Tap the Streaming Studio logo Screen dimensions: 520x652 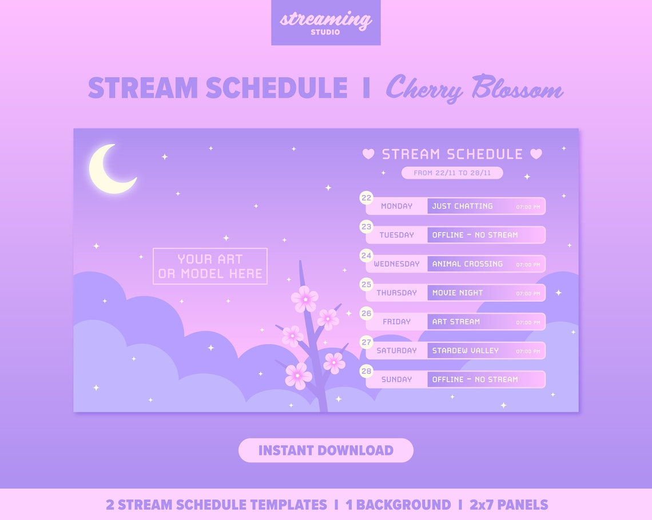point(325,22)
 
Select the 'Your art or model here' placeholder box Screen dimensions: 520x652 point(210,266)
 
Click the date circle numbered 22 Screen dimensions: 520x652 point(366,198)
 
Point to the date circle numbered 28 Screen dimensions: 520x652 point(366,371)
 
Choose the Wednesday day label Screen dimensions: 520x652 point(396,264)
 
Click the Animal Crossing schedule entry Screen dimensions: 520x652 point(467,264)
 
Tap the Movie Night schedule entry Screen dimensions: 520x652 point(458,293)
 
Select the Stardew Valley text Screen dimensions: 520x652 point(465,350)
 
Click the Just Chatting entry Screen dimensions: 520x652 point(462,206)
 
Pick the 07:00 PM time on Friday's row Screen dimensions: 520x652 point(528,322)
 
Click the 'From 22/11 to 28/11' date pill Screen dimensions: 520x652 point(452,173)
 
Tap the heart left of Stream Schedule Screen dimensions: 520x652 point(368,154)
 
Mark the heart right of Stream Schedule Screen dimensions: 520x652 point(536,154)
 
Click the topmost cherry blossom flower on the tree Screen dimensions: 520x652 point(304,298)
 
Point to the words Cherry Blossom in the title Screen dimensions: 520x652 point(474,88)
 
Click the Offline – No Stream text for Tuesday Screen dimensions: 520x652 point(475,235)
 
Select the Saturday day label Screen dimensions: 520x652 point(396,350)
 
